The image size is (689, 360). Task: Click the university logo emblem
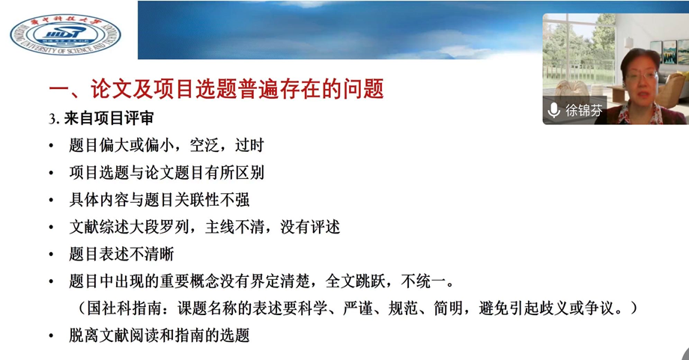tap(65, 34)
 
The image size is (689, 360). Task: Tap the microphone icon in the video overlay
tap(553, 110)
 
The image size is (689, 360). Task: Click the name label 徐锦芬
tap(583, 110)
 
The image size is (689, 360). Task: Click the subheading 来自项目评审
tap(109, 118)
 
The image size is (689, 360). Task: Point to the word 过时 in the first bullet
tap(249, 145)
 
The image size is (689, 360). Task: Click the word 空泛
tap(204, 145)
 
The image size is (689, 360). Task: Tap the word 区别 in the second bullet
tap(249, 173)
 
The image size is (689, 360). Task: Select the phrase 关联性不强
tap(212, 200)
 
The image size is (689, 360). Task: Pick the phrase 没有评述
tap(310, 227)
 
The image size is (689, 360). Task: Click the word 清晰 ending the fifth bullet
tap(159, 254)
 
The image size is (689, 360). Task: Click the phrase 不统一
tap(422, 281)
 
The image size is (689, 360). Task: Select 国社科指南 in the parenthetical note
tap(124, 308)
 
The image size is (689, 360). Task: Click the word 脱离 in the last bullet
tap(84, 335)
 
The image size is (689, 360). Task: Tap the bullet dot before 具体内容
tap(52, 200)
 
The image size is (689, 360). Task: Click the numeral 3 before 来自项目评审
tap(52, 119)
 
